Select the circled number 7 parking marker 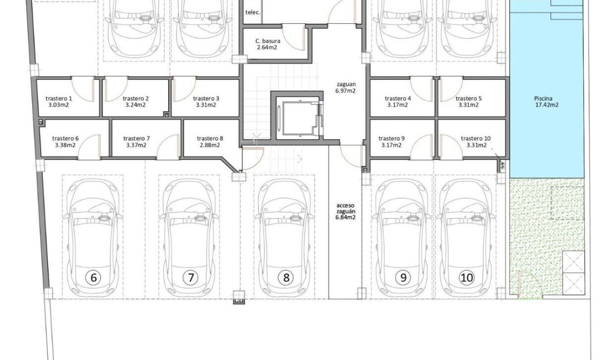tap(190, 278)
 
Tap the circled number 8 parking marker tap(286, 278)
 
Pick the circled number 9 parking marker tap(403, 278)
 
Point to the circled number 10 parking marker tap(467, 278)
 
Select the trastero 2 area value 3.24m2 tap(135, 105)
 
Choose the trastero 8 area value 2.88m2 tap(210, 145)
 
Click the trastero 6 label tap(65, 138)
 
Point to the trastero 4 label tap(398, 98)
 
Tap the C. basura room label tap(268, 41)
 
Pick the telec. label tap(253, 13)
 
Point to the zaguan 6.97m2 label tap(345, 88)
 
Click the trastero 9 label tap(391, 138)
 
